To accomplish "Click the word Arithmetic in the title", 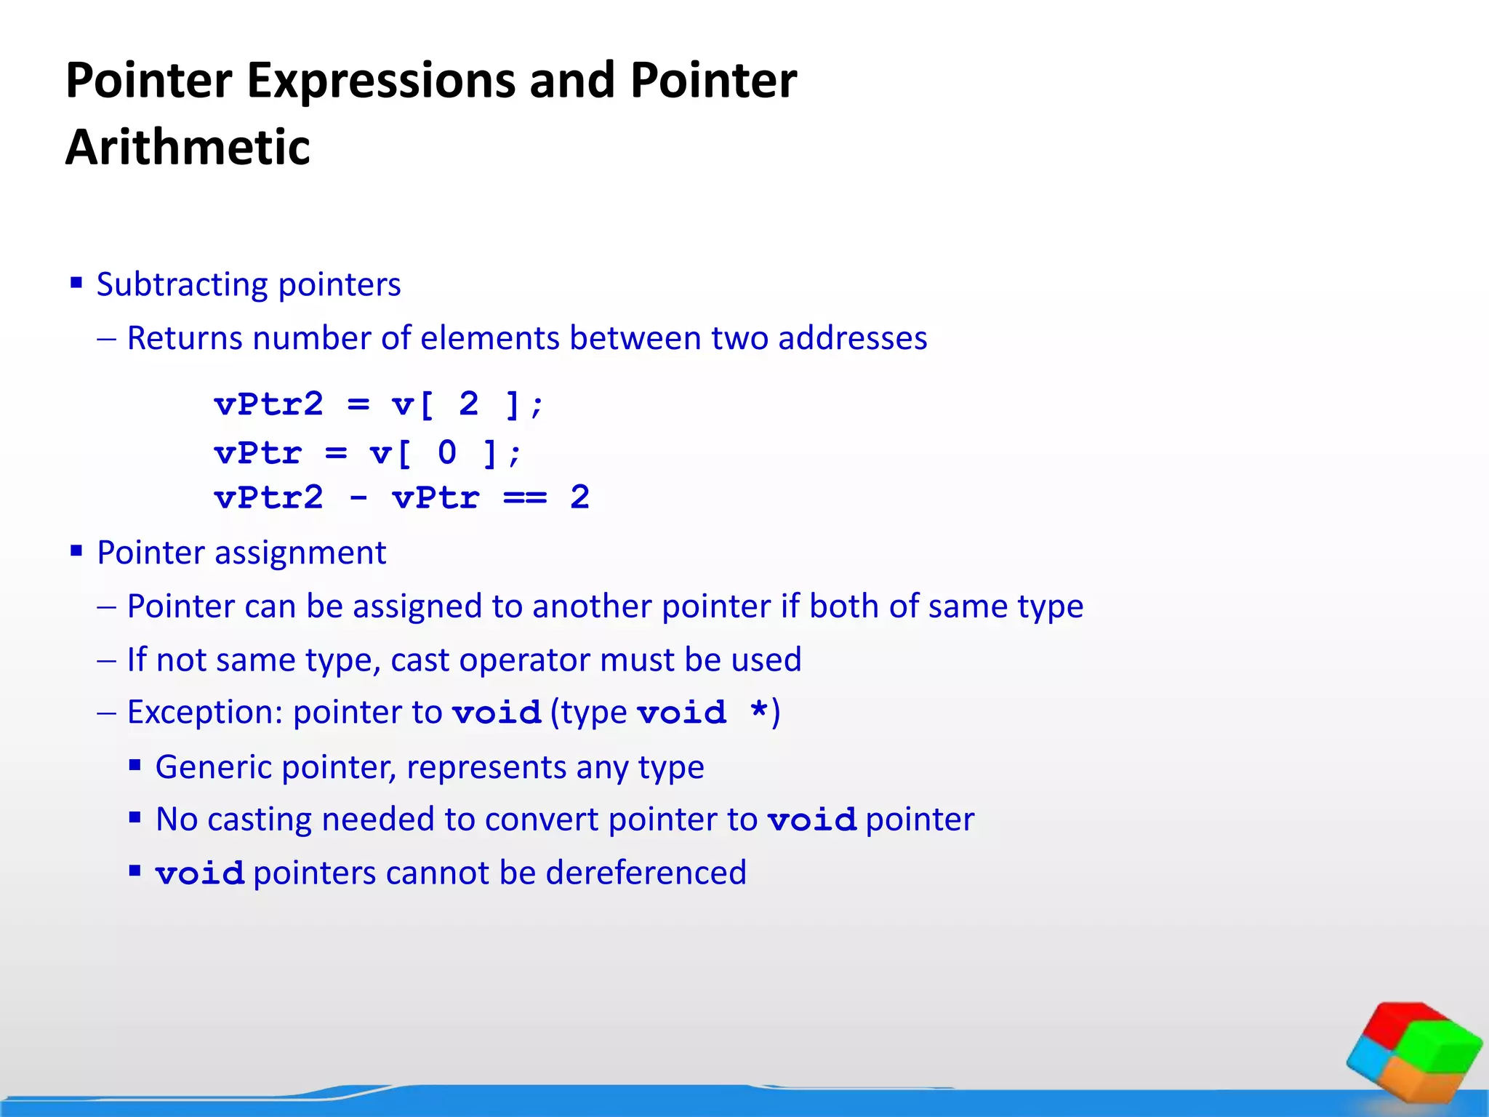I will click(x=188, y=148).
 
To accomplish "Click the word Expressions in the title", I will click(x=382, y=80).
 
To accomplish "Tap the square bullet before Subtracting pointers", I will click(x=76, y=282).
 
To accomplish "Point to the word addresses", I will click(x=852, y=338).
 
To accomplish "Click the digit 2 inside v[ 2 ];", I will click(x=469, y=404).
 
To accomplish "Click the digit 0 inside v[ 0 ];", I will click(x=447, y=453).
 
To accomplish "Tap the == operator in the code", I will click(x=525, y=498).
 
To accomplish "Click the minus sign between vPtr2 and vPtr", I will click(x=358, y=498).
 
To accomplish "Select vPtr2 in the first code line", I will click(x=268, y=404).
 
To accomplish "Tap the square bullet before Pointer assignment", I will click(x=76, y=551).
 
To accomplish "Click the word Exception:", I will click(x=205, y=713).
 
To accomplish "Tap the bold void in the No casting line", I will click(x=812, y=821).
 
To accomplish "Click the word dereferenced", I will click(x=646, y=873).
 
